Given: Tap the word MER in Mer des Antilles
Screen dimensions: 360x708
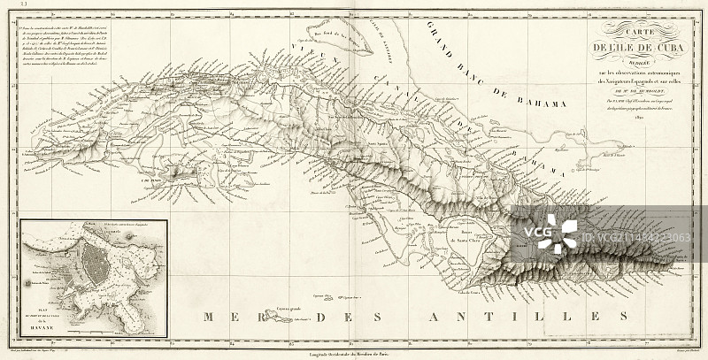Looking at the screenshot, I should click(x=225, y=316).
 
